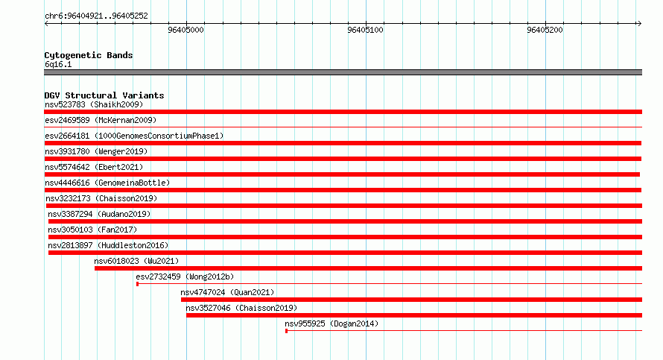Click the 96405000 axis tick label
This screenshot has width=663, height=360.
pyautogui.click(x=185, y=30)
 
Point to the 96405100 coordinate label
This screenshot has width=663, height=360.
pyautogui.click(x=365, y=30)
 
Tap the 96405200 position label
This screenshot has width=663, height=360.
pyautogui.click(x=545, y=30)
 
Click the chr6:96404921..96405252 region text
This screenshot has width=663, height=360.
pyautogui.click(x=96, y=16)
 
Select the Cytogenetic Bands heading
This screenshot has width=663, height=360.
pyautogui.click(x=89, y=55)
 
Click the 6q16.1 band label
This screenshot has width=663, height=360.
pyautogui.click(x=58, y=64)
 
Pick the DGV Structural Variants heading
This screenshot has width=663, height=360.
pyautogui.click(x=104, y=95)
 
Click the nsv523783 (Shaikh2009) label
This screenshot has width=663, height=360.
pyautogui.click(x=94, y=104)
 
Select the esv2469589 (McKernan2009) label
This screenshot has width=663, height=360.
pyautogui.click(x=101, y=120)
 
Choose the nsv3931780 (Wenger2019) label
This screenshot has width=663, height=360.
pyautogui.click(x=96, y=151)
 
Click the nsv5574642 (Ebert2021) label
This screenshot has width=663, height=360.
pyautogui.click(x=94, y=167)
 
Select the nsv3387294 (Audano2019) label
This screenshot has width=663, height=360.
pyautogui.click(x=99, y=214)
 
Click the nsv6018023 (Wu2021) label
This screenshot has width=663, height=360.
pyautogui.click(x=136, y=261)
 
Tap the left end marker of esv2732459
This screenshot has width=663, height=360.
pyautogui.click(x=137, y=284)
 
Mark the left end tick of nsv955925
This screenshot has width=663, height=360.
pyautogui.click(x=286, y=331)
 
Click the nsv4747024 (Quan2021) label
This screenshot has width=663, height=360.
pyautogui.click(x=227, y=292)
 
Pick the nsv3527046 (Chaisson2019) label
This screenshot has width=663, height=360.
pyautogui.click(x=241, y=308)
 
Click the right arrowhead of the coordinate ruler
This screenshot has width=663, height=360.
pyautogui.click(x=640, y=24)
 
